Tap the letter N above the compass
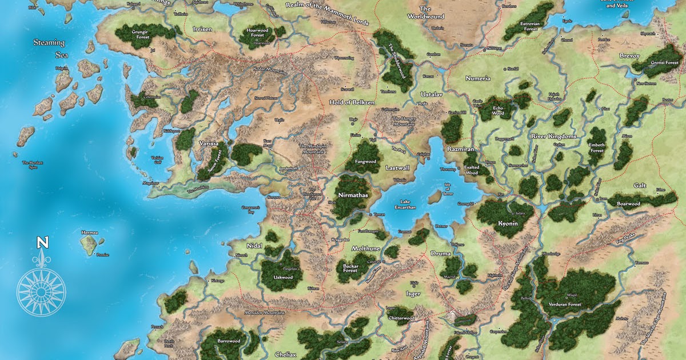pyautogui.click(x=42, y=243)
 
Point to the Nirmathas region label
pyautogui.click(x=351, y=195)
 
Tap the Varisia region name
pyautogui.click(x=209, y=144)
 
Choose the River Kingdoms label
pyautogui.click(x=555, y=137)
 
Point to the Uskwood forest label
pyautogui.click(x=284, y=277)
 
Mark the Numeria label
pyautogui.click(x=478, y=78)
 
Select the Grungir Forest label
pyautogui.click(x=140, y=30)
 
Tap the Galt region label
pyautogui.click(x=640, y=185)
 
